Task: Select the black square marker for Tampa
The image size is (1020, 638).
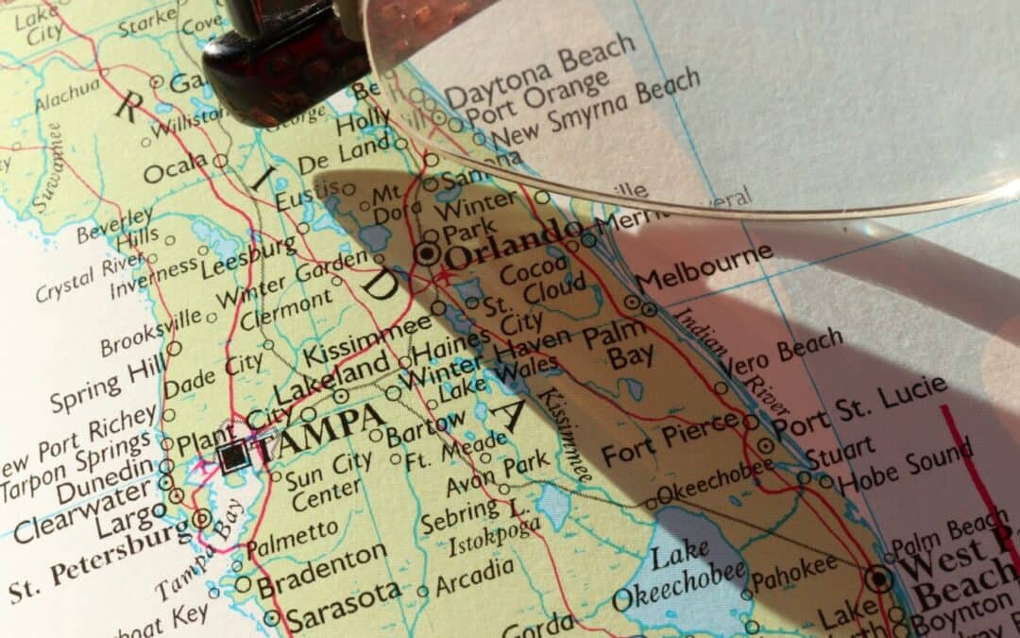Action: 232,457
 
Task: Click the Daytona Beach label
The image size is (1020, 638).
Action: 539,71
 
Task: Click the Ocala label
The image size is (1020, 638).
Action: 176,168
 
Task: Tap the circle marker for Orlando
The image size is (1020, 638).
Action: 428,253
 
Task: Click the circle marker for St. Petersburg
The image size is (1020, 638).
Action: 201,518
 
